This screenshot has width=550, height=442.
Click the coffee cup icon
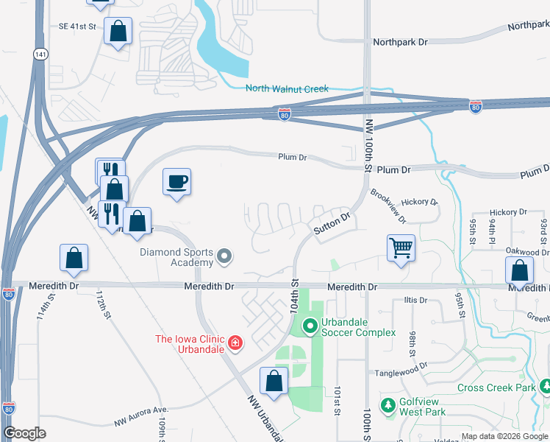click(176, 181)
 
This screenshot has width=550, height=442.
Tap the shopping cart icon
click(401, 248)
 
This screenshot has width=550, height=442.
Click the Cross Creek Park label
click(496, 387)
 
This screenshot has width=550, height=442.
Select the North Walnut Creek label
click(287, 89)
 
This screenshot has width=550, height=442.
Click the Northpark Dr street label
click(400, 43)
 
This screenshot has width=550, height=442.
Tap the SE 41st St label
click(77, 27)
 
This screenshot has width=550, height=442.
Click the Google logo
click(25, 433)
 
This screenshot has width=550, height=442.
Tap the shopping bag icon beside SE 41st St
click(117, 31)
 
